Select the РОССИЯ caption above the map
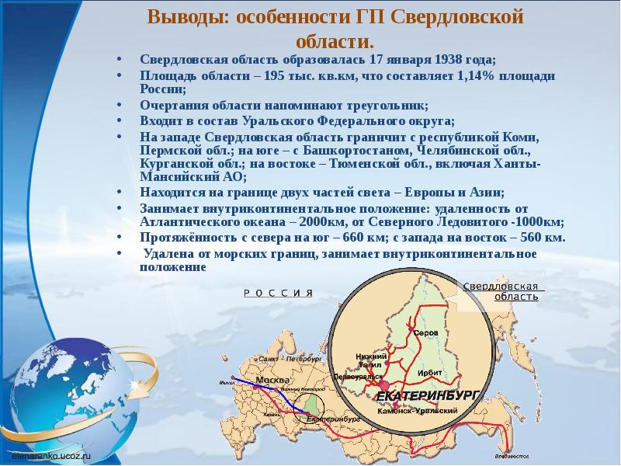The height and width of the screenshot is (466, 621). click(278, 293)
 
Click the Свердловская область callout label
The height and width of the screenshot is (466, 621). click(501, 291)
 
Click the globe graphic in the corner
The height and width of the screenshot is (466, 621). click(74, 381)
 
